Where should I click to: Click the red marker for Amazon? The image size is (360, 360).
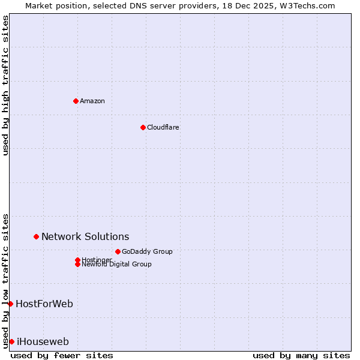[x=76, y=101]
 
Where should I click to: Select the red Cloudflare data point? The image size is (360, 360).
[x=143, y=127]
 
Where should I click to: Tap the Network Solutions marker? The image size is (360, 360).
[x=36, y=237]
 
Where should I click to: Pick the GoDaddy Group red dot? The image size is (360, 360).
[x=118, y=251]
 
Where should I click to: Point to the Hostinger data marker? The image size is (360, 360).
[x=77, y=260]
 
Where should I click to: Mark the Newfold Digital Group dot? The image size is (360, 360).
[x=77, y=264]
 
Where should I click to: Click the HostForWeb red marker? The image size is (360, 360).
[x=10, y=304]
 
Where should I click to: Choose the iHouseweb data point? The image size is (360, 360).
[x=11, y=341]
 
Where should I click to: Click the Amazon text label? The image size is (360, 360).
[x=92, y=101]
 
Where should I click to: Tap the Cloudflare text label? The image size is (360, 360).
[x=163, y=127]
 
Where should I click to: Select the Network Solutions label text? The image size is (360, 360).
[x=85, y=237]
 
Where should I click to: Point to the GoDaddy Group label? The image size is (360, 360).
[x=147, y=251]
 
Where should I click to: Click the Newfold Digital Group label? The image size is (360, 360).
[x=117, y=265]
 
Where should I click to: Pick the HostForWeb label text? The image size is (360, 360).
[x=44, y=304]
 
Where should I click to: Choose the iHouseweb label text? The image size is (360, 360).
[x=43, y=342]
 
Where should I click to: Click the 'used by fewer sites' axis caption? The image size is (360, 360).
[x=62, y=355]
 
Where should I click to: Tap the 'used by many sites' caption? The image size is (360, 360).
[x=301, y=355]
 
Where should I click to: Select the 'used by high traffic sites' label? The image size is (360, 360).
[x=5, y=85]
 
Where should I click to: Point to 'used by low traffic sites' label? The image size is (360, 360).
[x=5, y=280]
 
